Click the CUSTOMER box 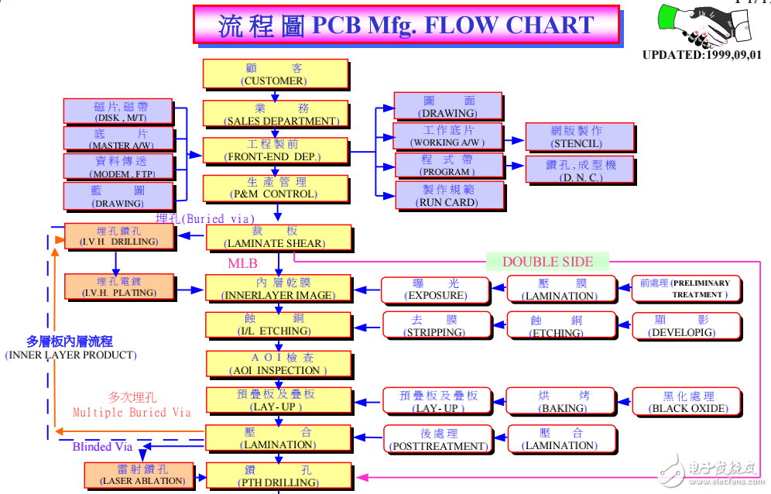275,74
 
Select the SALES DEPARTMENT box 280,114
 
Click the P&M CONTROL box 272,187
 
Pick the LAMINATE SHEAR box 278,238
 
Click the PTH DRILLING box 278,475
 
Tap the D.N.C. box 580,170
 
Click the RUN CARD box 447,195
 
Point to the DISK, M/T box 118,111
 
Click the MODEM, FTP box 118,167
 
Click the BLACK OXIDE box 687,402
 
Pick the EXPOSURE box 436,290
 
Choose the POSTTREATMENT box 438,440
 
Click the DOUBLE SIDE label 547,261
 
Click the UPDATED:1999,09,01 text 701,55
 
